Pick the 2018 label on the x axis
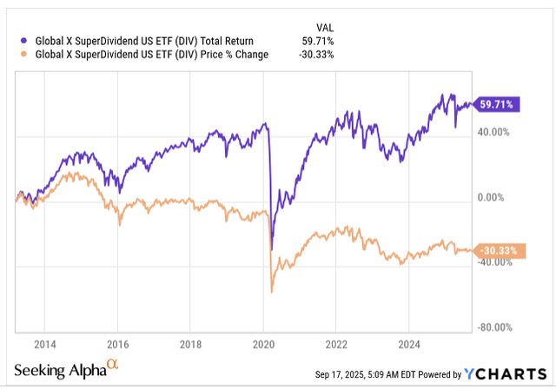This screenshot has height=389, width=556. [x=190, y=342]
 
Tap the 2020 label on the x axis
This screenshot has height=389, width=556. [x=262, y=342]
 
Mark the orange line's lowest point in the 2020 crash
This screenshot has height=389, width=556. [x=272, y=292]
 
